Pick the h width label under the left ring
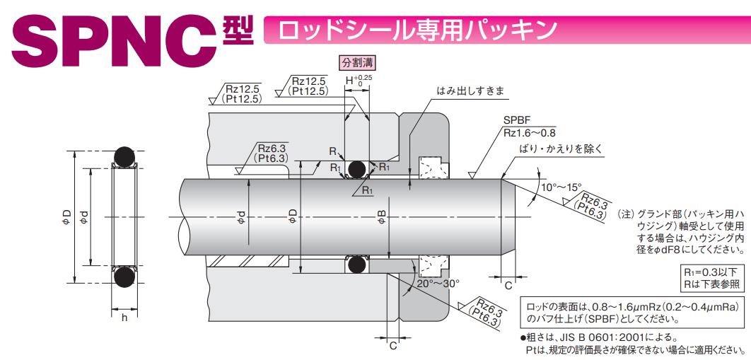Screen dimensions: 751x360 pyautogui.click(x=124, y=318)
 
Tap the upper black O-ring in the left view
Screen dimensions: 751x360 pyautogui.click(x=124, y=155)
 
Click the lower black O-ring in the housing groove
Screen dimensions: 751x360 pyautogui.click(x=356, y=265)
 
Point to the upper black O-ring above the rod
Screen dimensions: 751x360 pyautogui.click(x=356, y=169)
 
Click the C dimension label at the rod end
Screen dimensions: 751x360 pyautogui.click(x=508, y=286)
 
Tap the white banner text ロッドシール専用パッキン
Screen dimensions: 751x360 pyautogui.click(x=418, y=30)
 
